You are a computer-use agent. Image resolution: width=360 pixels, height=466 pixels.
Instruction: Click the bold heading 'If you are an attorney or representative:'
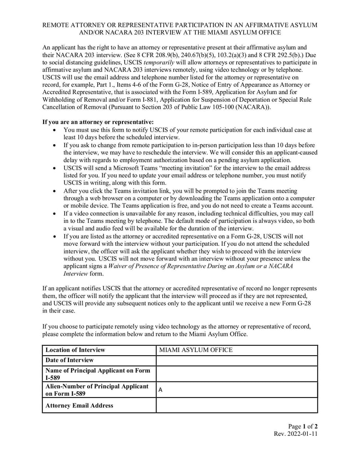tap(98, 122)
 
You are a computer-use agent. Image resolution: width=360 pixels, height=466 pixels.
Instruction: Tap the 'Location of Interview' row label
tap(75, 350)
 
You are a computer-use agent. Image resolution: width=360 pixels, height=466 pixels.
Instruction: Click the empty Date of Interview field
tap(237, 360)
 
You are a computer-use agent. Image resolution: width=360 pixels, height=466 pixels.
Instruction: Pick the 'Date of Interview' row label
tap(70, 360)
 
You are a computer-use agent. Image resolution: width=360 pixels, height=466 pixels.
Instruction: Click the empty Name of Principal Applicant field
tap(237, 374)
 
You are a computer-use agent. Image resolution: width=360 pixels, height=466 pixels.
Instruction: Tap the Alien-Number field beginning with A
tap(237, 390)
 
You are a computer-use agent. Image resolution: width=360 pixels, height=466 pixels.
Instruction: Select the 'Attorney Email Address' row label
tap(79, 405)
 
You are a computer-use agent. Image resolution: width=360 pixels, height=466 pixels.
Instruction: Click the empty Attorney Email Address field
tap(237, 405)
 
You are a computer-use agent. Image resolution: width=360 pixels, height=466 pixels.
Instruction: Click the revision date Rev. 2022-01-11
tap(296, 434)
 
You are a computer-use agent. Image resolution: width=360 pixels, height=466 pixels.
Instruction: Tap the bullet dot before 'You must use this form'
tap(54, 130)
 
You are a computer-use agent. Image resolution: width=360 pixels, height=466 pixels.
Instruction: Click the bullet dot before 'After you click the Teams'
tap(54, 191)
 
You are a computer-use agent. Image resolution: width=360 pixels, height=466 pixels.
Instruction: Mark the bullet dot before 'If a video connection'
tap(54, 214)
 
